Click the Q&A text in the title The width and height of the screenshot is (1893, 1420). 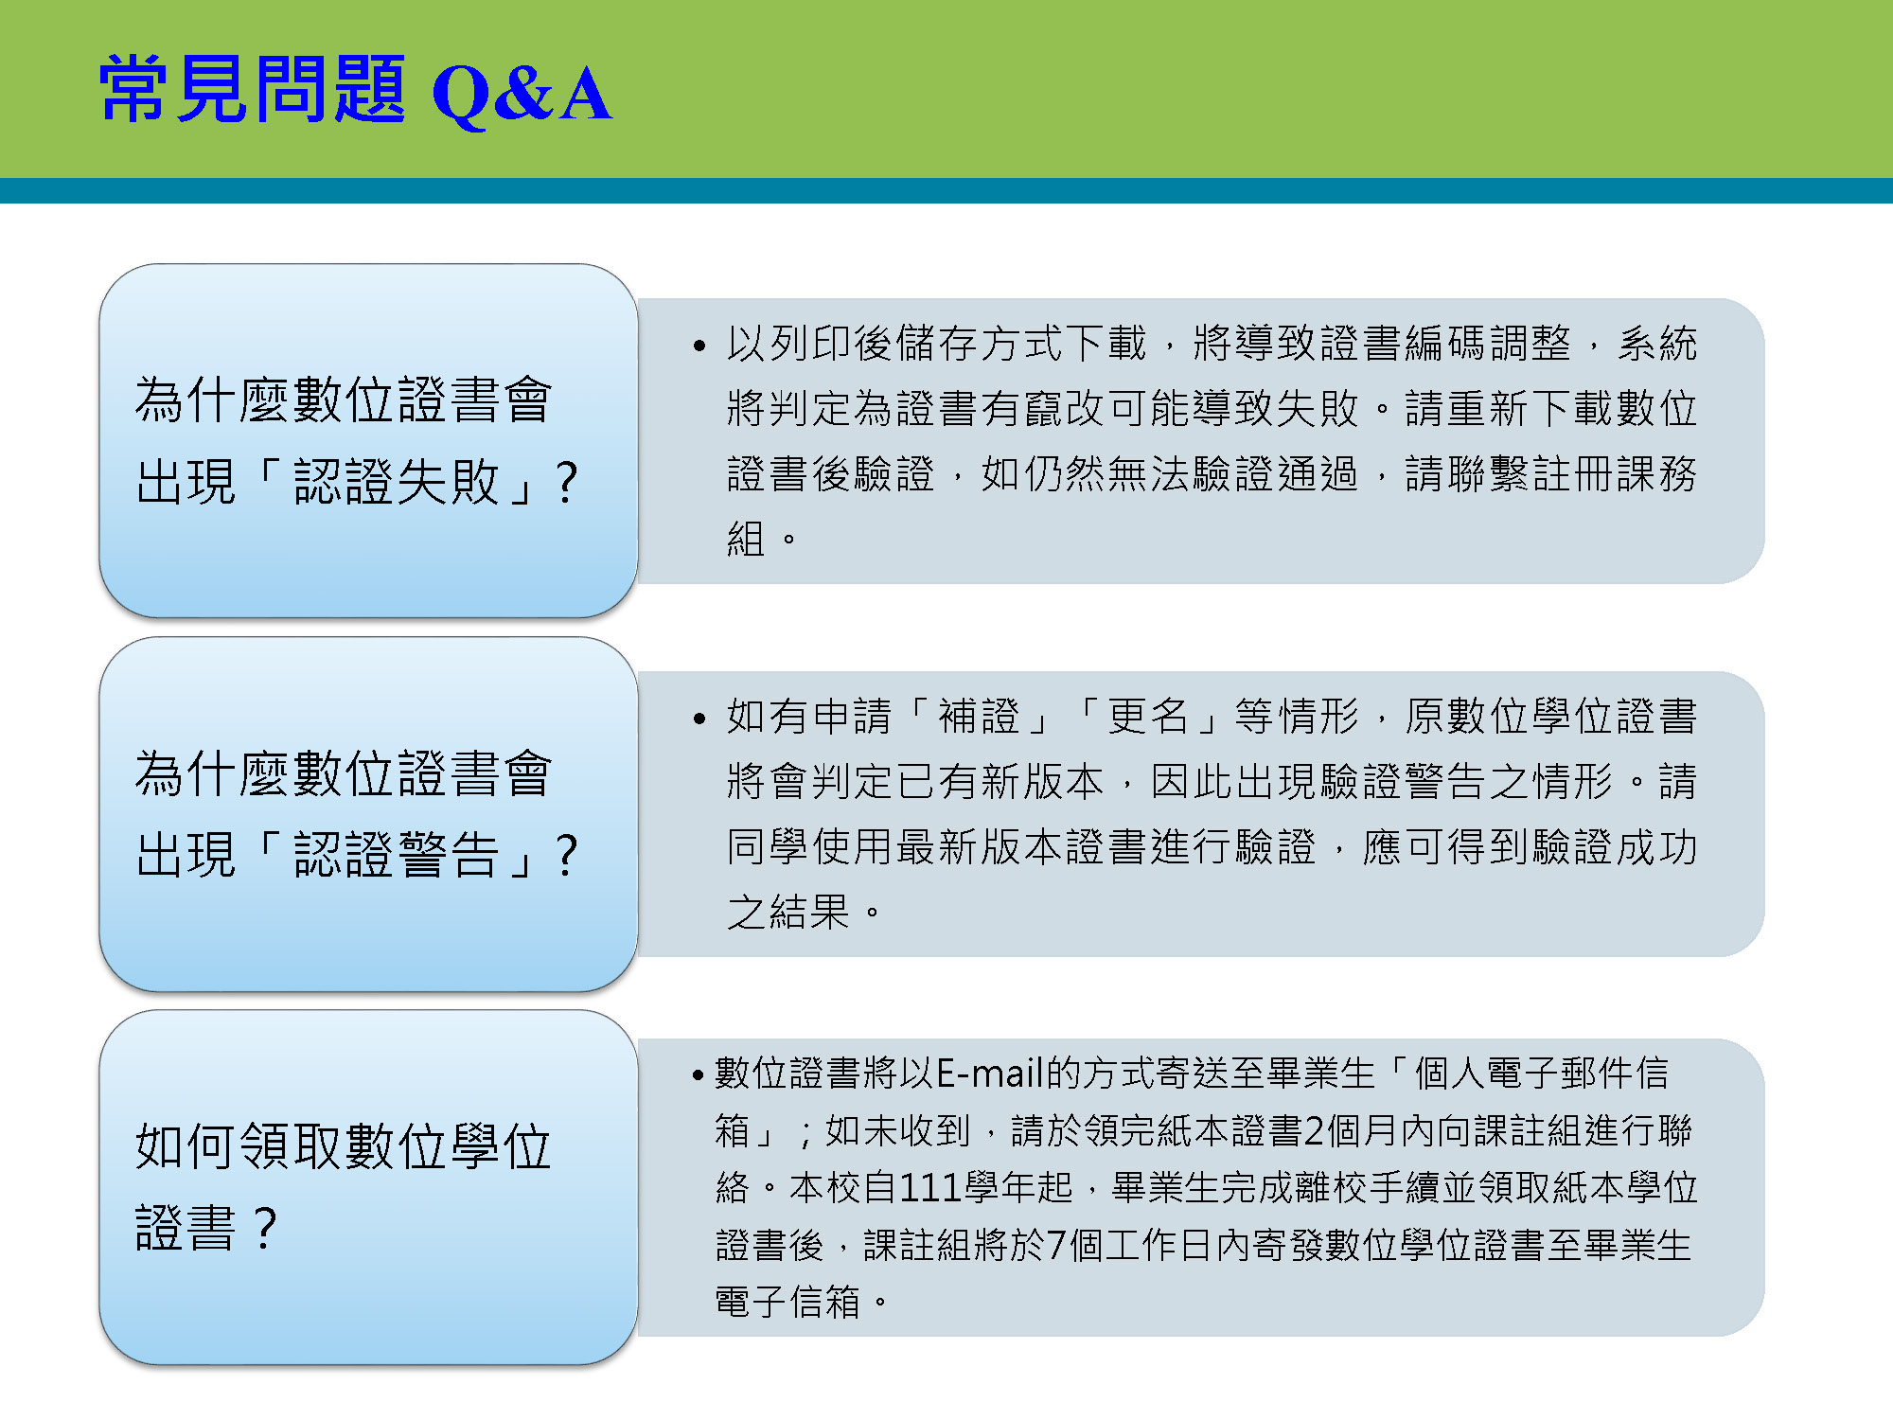coord(522,94)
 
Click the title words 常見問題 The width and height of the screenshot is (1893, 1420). coord(253,89)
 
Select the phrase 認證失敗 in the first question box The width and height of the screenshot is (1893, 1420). coord(397,482)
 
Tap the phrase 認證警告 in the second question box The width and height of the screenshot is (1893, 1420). coord(397,855)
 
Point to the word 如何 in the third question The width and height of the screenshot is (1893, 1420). coord(187,1146)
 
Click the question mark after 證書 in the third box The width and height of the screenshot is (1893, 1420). coord(266,1229)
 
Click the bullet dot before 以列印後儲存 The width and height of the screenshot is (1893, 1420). coord(699,346)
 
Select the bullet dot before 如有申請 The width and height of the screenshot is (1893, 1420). coord(699,719)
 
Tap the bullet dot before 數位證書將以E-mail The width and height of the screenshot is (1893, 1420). coord(699,1075)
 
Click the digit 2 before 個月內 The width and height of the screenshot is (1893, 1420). coord(1315,1130)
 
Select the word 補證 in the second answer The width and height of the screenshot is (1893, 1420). coord(979,717)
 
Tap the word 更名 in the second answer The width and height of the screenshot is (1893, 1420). coord(1148,717)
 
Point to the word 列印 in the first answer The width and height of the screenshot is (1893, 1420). coord(810,344)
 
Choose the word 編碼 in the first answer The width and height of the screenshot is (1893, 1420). coord(1445,344)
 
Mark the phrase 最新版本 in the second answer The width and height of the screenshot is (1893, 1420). coord(980,847)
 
